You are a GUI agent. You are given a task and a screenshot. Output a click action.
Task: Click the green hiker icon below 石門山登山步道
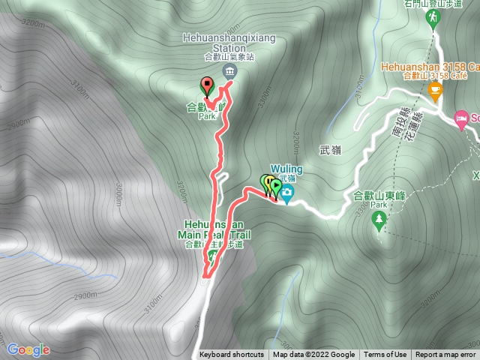pyautogui.click(x=432, y=20)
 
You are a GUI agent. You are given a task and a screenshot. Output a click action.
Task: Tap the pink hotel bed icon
pyautogui.click(x=463, y=118)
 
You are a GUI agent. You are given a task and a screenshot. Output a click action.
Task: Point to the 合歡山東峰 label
pyautogui.click(x=378, y=195)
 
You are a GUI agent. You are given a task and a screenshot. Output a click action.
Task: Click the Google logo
pyautogui.click(x=28, y=349)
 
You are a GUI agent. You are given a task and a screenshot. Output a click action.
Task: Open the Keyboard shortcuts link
pyautogui.click(x=232, y=355)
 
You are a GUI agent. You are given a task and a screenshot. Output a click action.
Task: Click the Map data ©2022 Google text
pyautogui.click(x=313, y=355)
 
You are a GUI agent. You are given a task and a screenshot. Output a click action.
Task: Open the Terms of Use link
pyautogui.click(x=385, y=355)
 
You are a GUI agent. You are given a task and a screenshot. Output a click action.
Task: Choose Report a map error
pyautogui.click(x=445, y=355)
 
